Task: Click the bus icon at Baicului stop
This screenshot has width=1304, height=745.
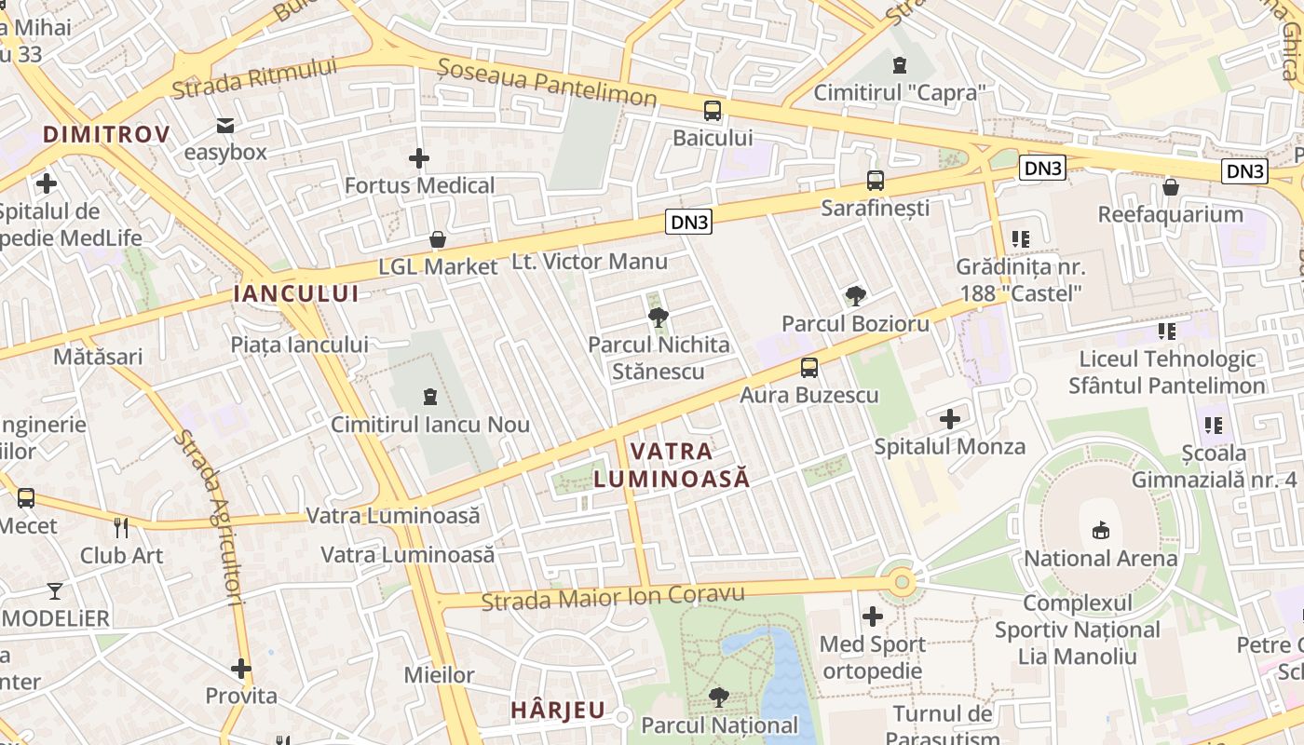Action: point(713,111)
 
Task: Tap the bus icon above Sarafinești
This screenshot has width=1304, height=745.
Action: point(876,181)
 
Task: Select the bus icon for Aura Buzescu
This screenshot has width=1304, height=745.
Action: point(809,368)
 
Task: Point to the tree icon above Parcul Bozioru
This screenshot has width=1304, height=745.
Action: point(855,296)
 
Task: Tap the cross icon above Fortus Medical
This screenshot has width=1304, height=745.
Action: point(419,158)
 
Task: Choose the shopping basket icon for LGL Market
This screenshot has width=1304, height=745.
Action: point(438,240)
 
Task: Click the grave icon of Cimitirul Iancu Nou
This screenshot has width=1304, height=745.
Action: point(430,398)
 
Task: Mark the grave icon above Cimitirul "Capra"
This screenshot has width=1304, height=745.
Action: point(899,65)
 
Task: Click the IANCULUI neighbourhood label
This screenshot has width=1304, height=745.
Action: point(296,294)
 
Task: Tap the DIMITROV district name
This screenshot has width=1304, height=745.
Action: point(106,134)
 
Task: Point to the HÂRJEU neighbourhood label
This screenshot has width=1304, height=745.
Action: point(558,710)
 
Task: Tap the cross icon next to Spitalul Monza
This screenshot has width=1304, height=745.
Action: point(950,419)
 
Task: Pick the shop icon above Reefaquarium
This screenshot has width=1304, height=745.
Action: point(1171,187)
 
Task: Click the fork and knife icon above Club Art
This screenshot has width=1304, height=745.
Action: point(121,528)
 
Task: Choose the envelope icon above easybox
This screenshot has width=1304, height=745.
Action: point(225,125)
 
